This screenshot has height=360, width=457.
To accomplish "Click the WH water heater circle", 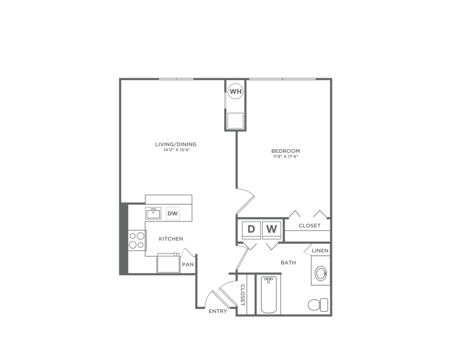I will point(235,91).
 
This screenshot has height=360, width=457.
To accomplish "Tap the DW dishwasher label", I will point(172,214).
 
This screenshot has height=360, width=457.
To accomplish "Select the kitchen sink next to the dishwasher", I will point(153,214).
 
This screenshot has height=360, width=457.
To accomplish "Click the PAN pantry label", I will point(187,265).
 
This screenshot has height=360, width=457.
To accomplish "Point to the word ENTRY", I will point(218,312).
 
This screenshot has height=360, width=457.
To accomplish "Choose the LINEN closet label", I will point(320,251).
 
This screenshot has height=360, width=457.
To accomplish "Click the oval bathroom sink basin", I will point(321,274).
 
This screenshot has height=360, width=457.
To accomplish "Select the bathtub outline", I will point(268,295).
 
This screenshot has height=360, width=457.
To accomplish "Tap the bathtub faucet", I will point(268,279).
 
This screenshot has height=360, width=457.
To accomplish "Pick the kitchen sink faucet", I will point(153,210).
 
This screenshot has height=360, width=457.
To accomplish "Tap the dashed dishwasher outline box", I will point(173,214).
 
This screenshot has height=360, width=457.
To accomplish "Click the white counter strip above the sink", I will point(168,200).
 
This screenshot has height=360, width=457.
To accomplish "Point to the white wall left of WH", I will point(225,101).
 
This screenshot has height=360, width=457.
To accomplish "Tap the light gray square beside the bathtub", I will point(249,266).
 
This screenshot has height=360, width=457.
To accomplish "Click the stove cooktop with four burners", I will point(136,241).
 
